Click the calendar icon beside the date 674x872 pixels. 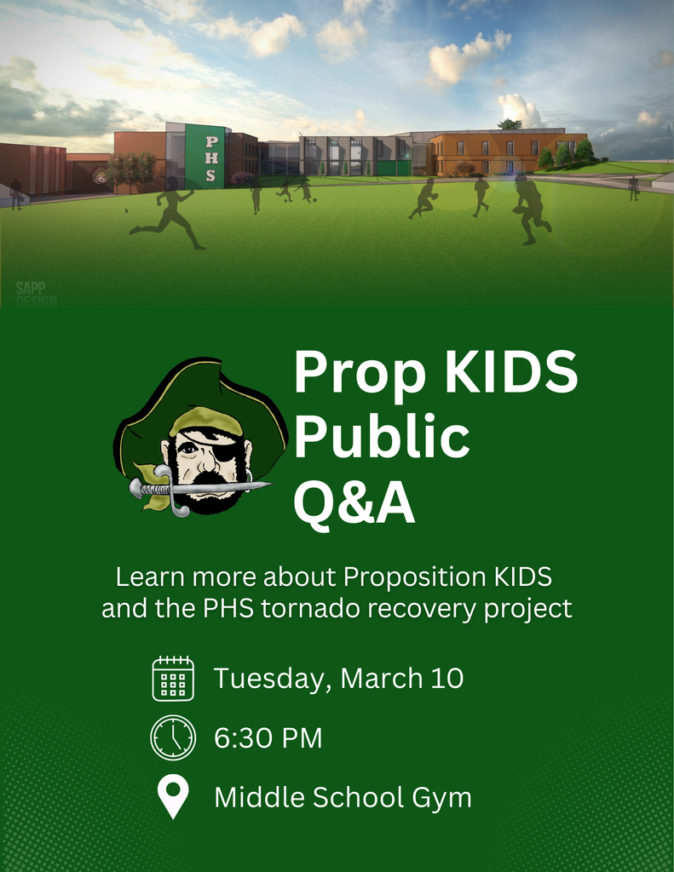click(173, 679)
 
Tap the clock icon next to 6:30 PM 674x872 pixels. click(173, 737)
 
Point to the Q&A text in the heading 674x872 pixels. click(354, 503)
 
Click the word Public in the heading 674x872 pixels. click(381, 437)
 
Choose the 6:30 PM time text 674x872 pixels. click(268, 738)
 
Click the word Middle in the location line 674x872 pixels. click(259, 798)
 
